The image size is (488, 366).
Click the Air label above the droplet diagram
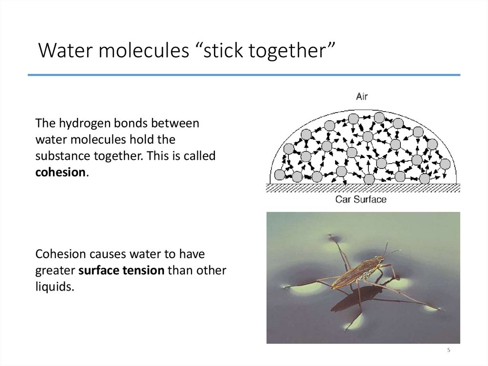click(362, 96)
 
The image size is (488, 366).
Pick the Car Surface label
click(361, 199)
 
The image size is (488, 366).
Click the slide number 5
click(448, 351)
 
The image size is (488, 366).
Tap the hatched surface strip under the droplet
click(362, 188)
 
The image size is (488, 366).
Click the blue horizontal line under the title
click(244, 75)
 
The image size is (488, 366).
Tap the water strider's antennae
click(388, 250)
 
